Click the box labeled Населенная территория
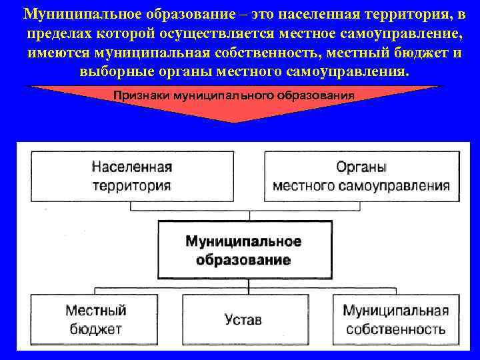[131, 176]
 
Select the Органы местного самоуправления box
[361, 176]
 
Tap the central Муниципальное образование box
[244, 250]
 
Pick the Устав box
[244, 320]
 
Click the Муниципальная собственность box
[395, 319]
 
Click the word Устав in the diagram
[244, 320]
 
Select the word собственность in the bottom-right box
[395, 329]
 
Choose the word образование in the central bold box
[244, 259]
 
